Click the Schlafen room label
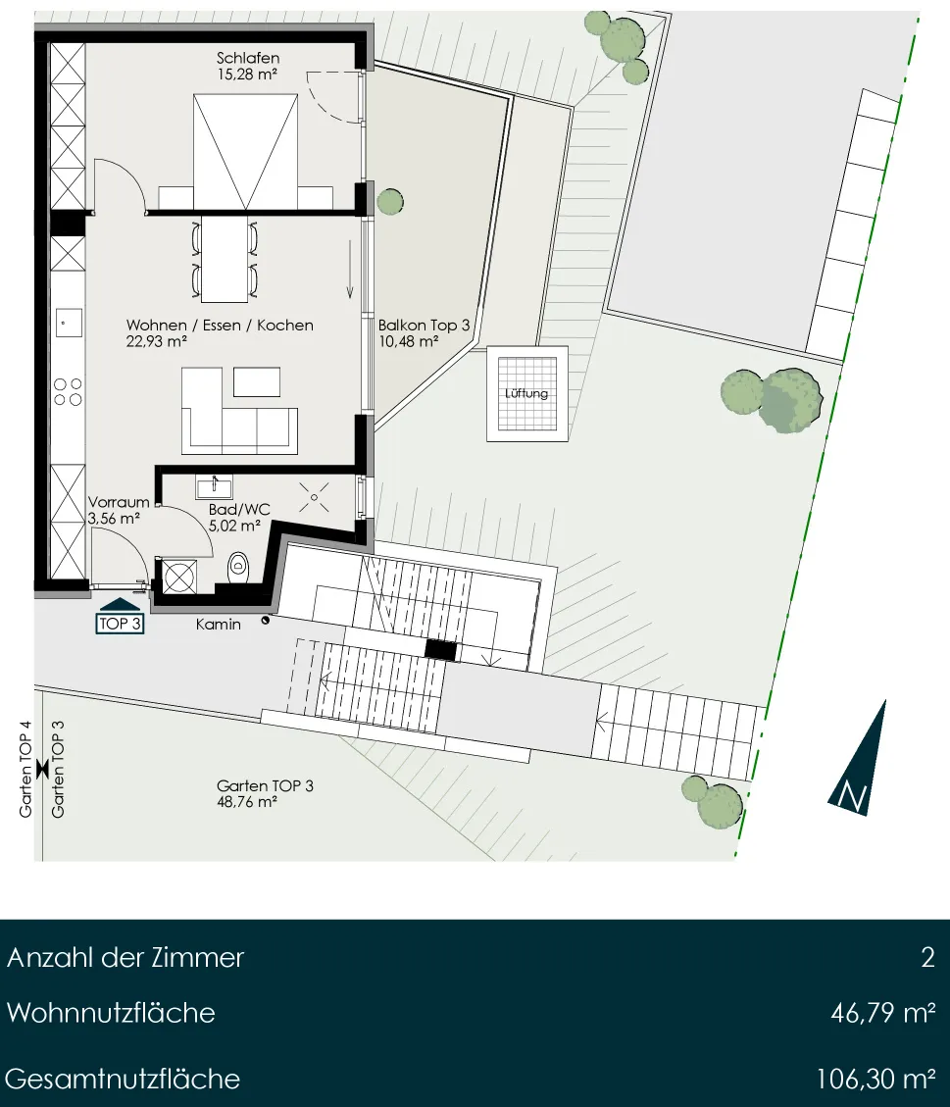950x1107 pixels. (x=248, y=58)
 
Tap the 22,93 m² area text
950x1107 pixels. (x=156, y=341)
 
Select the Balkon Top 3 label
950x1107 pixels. (x=424, y=326)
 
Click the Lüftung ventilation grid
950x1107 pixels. (x=527, y=393)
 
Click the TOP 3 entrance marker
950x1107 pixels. (x=120, y=616)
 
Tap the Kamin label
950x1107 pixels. (x=218, y=625)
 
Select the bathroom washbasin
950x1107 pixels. (x=214, y=486)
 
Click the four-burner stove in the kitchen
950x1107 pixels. (x=68, y=392)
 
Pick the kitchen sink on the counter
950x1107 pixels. (x=69, y=323)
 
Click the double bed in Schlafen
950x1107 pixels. (x=246, y=152)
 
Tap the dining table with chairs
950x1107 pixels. (x=224, y=259)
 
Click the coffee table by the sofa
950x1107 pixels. (x=257, y=382)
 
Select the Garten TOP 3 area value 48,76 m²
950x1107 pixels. (x=246, y=803)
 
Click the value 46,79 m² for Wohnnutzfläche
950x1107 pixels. (x=883, y=1013)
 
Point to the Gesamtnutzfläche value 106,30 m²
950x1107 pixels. (x=875, y=1079)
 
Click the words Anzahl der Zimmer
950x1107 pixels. (x=125, y=957)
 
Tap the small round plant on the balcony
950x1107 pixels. (x=390, y=202)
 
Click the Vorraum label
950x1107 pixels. (x=119, y=502)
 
